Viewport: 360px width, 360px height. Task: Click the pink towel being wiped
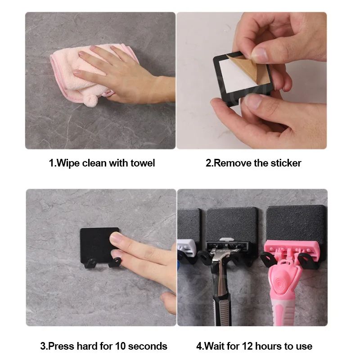point(67,72)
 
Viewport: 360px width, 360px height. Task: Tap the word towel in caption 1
point(142,163)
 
